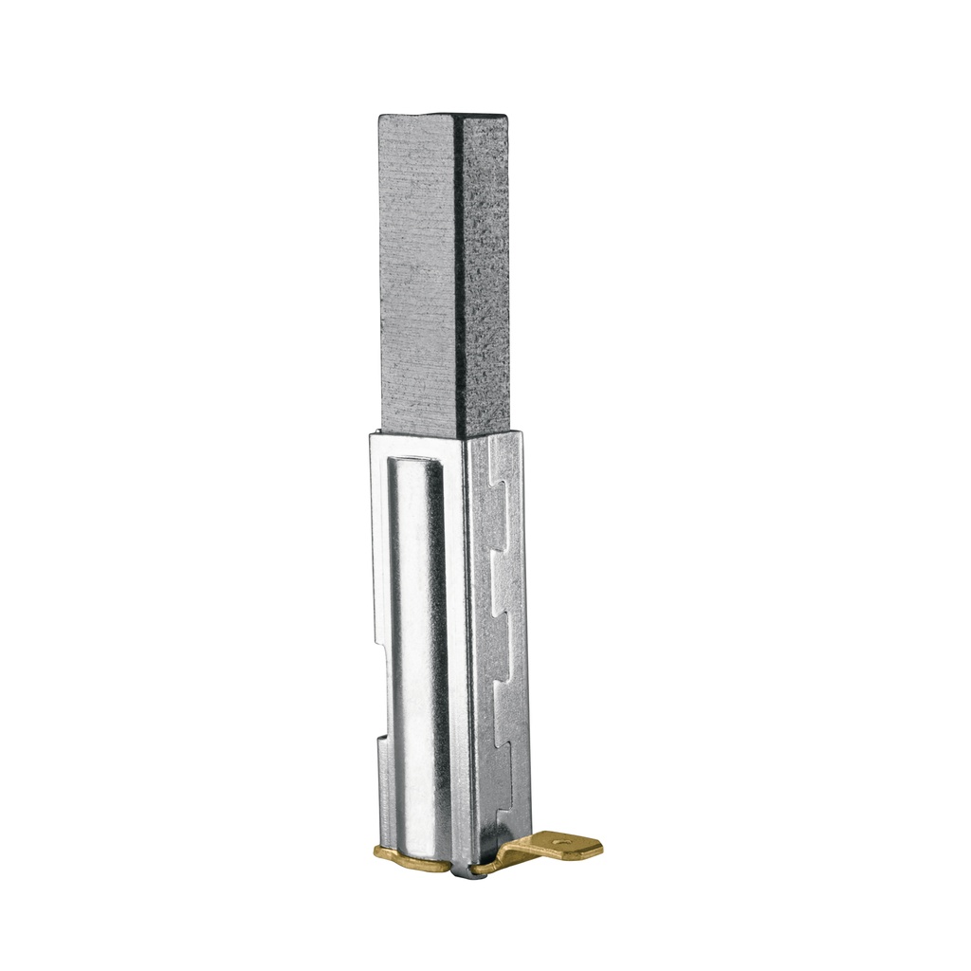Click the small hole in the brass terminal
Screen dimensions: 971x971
pos(559,838)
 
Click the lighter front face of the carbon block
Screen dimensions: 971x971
pos(417,275)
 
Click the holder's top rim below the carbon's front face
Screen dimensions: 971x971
pos(417,433)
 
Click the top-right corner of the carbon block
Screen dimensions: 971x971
pos(506,118)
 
